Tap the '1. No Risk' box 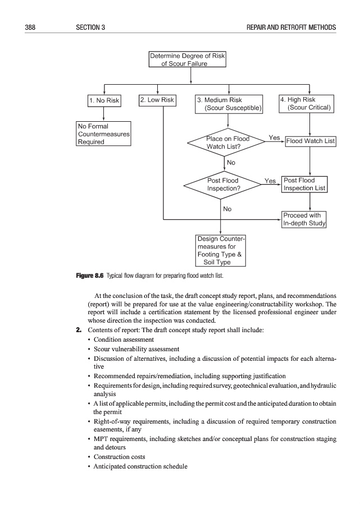click(x=104, y=101)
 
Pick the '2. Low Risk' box click(x=158, y=100)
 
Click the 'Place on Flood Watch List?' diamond click(x=227, y=143)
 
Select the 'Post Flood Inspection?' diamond click(x=224, y=185)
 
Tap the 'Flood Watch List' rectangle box click(x=311, y=141)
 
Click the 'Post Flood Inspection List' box click(x=304, y=184)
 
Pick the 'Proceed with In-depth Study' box click(x=304, y=219)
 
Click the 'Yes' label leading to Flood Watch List click(x=275, y=137)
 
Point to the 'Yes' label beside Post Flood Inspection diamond click(x=270, y=181)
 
